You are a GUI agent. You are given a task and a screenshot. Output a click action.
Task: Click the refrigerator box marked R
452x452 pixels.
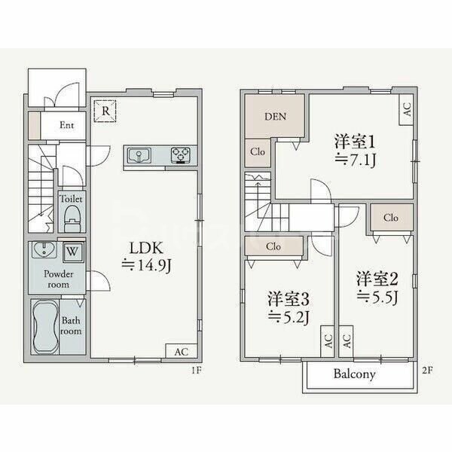105,111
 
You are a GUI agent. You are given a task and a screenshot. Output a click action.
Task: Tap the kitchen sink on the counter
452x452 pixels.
139,155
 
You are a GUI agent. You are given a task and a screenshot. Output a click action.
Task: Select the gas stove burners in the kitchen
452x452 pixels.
181,155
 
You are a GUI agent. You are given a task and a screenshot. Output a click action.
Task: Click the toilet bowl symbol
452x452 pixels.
72,218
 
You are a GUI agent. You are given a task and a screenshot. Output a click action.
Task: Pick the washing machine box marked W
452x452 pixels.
73,252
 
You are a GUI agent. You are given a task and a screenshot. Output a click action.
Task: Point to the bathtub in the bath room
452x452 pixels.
44,327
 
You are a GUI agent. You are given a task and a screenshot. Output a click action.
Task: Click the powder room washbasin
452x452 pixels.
44,249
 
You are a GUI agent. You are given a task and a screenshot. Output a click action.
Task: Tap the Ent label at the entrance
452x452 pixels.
66,125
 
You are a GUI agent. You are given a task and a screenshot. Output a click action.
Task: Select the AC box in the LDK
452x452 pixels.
182,351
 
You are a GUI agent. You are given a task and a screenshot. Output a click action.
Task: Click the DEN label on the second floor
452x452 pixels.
275,117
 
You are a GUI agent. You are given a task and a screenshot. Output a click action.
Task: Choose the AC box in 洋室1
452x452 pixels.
407,109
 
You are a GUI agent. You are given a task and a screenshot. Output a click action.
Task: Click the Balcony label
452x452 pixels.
355,374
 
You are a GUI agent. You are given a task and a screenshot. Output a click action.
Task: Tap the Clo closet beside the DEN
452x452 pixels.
258,152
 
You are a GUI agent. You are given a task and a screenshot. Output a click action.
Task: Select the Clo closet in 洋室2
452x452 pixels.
392,218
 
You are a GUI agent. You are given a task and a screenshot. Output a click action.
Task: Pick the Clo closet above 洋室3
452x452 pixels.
273,246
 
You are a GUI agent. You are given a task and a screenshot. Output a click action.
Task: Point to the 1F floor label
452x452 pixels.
197,370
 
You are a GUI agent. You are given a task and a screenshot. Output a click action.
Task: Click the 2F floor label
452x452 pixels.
427,370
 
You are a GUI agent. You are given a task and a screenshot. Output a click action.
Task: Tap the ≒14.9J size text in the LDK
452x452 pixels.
146,265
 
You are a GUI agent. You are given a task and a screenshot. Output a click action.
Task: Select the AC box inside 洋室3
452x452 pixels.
328,341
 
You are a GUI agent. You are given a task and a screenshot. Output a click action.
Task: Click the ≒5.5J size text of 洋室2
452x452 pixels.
377,298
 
